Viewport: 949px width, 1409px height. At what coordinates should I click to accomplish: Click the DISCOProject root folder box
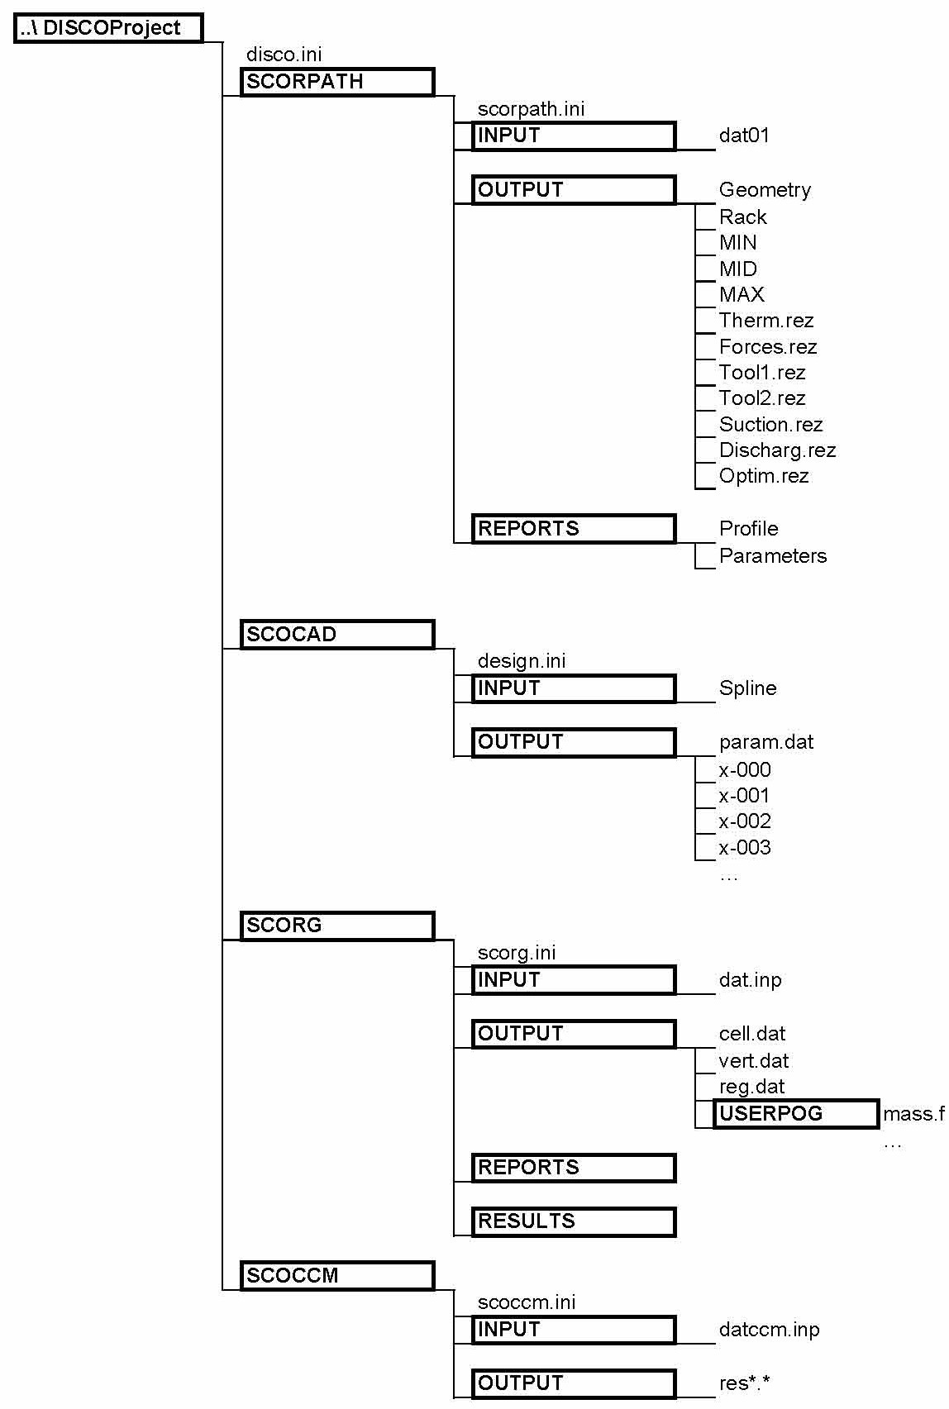[108, 28]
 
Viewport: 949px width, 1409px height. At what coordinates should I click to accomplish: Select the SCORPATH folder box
[337, 82]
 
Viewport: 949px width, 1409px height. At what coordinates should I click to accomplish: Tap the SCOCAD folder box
[337, 634]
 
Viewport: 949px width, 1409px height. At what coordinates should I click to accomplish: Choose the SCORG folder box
[337, 926]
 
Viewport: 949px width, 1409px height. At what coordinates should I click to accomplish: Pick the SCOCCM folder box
[337, 1275]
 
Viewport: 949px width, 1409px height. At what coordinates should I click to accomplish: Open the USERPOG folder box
[796, 1113]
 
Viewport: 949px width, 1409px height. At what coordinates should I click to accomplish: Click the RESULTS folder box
[574, 1221]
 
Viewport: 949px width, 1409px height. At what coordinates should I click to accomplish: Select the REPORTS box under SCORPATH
[574, 528]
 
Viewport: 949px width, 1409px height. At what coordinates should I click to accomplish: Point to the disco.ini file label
[284, 55]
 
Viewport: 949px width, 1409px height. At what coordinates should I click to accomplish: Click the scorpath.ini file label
[532, 109]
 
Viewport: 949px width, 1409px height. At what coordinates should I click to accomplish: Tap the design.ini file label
[522, 661]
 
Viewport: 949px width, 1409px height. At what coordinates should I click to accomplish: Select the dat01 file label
[744, 136]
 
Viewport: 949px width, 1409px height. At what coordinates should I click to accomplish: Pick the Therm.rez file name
[766, 321]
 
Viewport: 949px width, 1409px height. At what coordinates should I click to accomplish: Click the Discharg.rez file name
[777, 450]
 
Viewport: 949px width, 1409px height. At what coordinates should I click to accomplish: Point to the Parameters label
[773, 556]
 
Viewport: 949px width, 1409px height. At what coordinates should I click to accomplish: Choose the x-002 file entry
[745, 821]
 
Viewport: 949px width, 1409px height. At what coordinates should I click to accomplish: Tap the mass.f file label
[913, 1114]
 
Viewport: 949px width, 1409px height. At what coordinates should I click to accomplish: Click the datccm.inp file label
[769, 1330]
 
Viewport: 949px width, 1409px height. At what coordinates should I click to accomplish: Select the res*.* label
[745, 1383]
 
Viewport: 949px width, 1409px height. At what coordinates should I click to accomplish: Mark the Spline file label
[747, 688]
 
